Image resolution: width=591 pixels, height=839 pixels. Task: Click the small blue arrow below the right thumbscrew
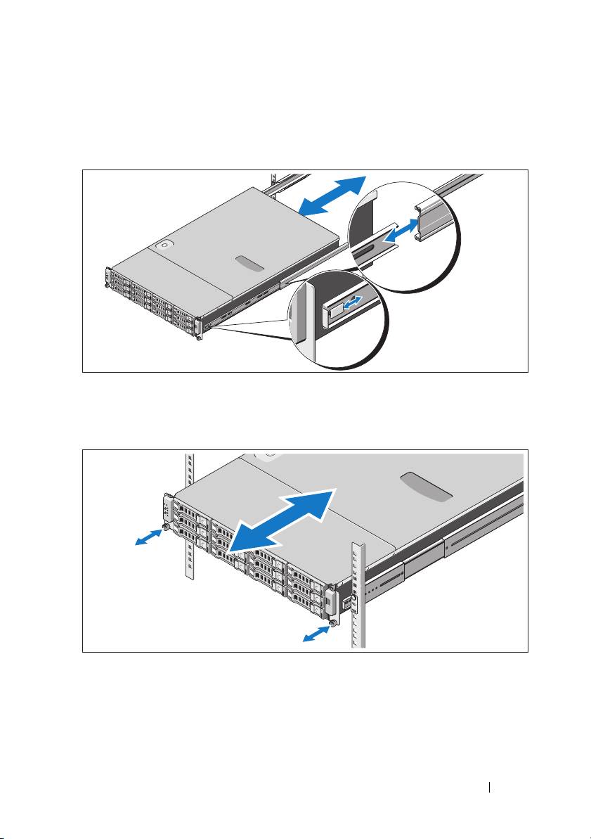pos(315,635)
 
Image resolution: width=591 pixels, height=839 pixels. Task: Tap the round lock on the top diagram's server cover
pos(166,245)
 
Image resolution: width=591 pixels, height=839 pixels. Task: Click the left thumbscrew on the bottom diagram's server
pos(164,527)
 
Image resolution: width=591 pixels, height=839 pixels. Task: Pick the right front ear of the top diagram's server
pos(200,325)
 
